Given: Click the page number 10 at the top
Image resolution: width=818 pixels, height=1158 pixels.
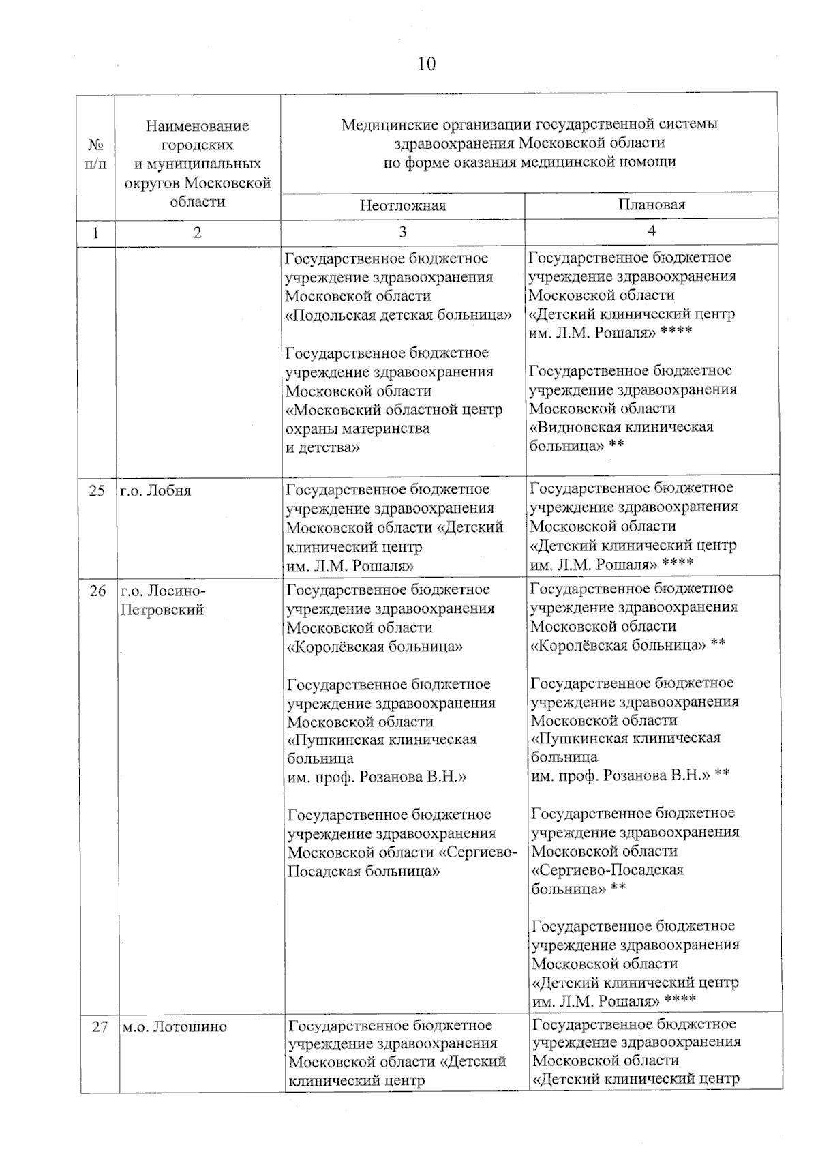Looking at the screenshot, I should [x=426, y=64].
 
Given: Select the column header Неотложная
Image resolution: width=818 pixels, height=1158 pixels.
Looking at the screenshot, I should [x=403, y=205].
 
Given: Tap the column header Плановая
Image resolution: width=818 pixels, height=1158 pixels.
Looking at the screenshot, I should [x=651, y=204].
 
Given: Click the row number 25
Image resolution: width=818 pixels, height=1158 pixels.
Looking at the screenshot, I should [x=97, y=490].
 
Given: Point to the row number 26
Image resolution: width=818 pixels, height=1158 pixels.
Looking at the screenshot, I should [x=97, y=591].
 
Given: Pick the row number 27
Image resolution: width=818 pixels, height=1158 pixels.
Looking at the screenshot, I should [x=100, y=1026].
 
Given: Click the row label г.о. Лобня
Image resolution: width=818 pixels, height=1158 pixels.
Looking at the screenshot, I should [x=155, y=490].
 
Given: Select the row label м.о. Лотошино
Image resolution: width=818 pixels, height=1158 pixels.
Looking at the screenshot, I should [x=175, y=1026].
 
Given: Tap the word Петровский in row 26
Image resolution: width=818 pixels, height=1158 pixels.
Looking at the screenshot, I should [x=162, y=610].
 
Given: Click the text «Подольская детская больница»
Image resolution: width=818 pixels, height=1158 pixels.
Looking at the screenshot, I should [x=399, y=315].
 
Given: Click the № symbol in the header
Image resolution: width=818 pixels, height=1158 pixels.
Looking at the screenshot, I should [x=96, y=145].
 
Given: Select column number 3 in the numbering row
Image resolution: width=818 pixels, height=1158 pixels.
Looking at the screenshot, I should [x=403, y=232].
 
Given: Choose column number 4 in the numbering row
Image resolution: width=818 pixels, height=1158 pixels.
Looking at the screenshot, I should [x=651, y=231].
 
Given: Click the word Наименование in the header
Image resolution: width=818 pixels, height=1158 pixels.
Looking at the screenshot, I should [x=198, y=126].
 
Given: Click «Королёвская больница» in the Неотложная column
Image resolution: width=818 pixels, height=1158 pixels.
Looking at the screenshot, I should [x=375, y=647].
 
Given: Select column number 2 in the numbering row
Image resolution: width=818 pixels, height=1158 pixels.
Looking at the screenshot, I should [x=198, y=233].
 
